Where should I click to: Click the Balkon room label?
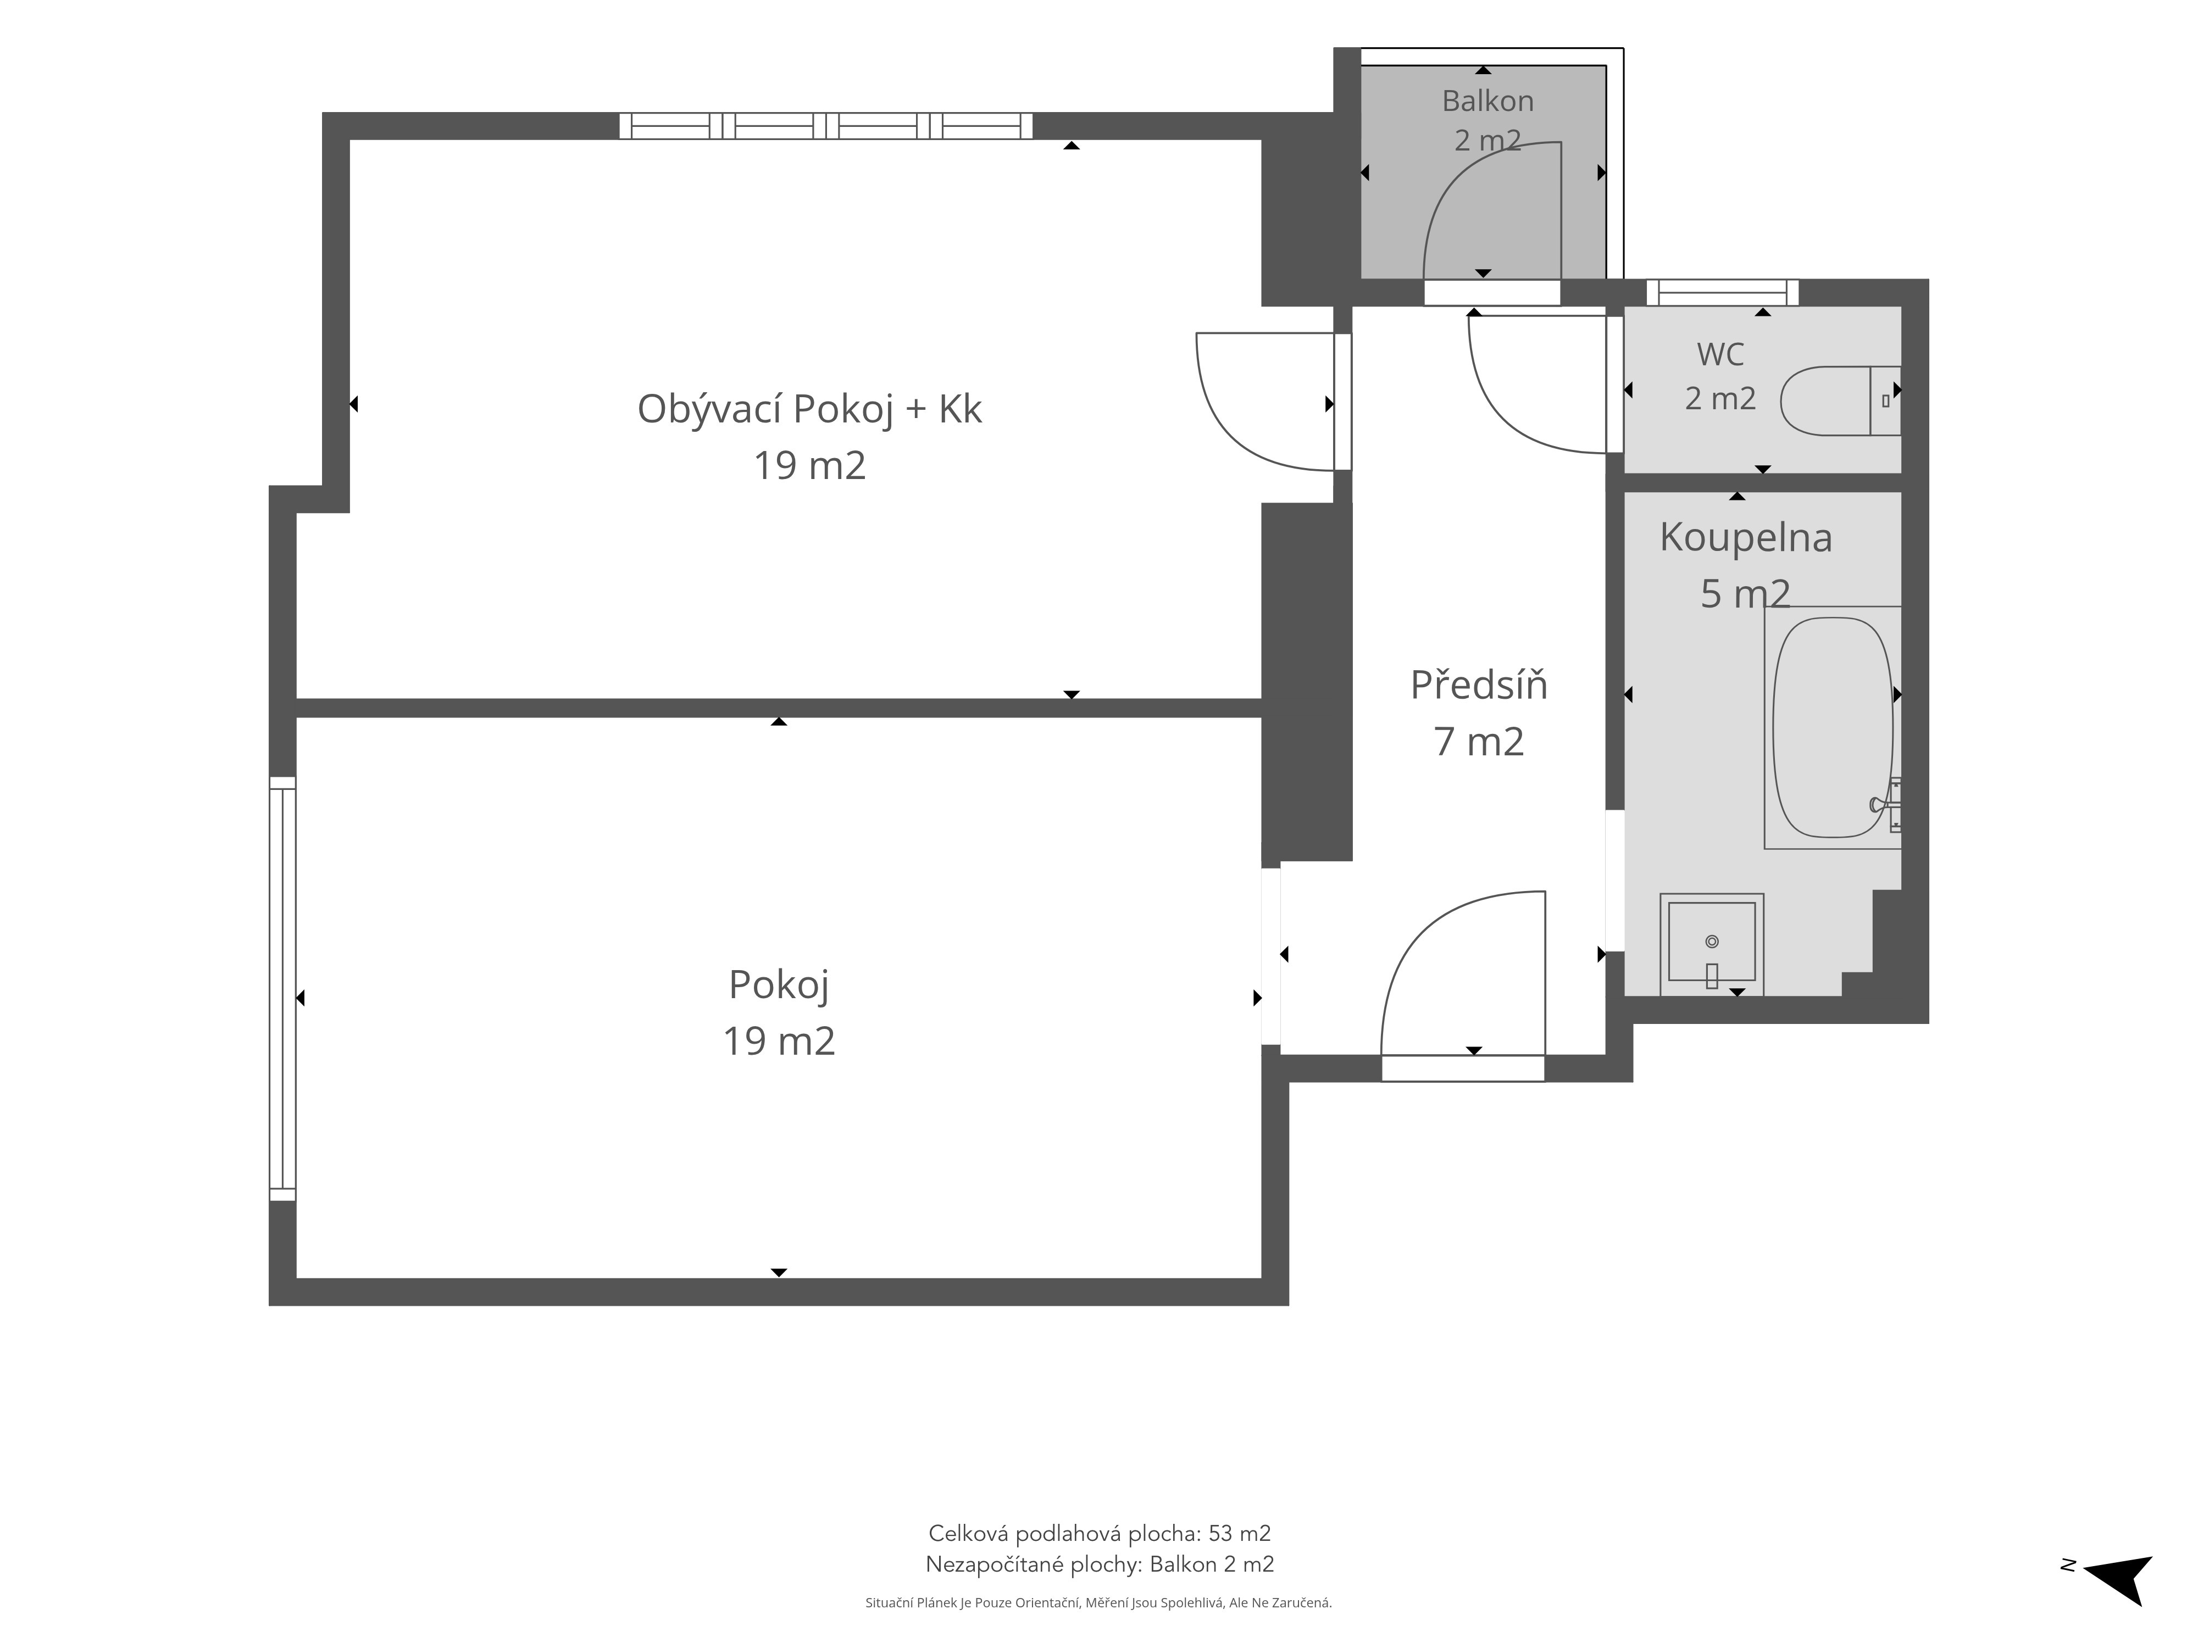tap(1487, 101)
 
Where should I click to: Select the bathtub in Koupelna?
tap(1833, 727)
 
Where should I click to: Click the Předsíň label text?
tap(1479, 686)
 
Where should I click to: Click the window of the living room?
tap(826, 126)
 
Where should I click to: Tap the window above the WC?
tap(1722, 292)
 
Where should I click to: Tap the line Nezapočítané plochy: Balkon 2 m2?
tap(1099, 1565)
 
